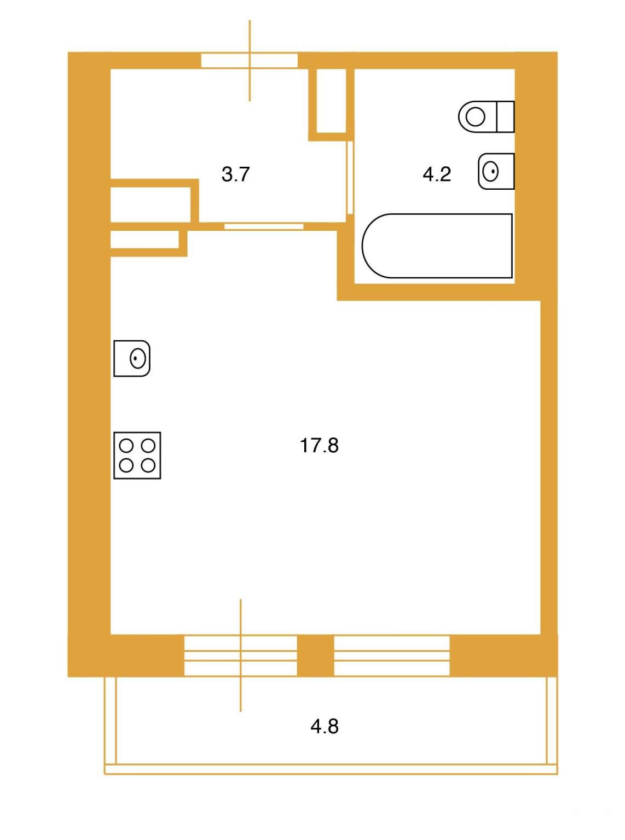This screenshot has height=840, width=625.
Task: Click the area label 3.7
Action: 235,174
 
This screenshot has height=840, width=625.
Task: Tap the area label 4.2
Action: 437,174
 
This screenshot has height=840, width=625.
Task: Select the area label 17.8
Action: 319,445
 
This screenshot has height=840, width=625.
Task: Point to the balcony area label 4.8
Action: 325,726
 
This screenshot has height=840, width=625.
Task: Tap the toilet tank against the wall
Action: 505,116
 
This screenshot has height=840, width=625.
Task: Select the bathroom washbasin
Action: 496,171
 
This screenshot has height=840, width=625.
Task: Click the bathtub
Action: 437,246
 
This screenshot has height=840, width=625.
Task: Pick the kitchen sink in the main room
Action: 132,358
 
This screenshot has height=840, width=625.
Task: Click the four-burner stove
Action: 137,456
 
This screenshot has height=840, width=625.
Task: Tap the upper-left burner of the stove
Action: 126,446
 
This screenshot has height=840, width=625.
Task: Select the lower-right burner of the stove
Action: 148,466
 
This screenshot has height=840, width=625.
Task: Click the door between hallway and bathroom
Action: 350,177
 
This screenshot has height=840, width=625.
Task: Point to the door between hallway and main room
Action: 264,226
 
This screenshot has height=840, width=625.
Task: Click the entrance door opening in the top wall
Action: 249,61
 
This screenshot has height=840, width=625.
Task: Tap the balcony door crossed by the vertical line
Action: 240,656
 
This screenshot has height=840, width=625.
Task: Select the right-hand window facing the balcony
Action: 391,656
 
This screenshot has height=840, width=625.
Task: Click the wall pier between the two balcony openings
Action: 315,656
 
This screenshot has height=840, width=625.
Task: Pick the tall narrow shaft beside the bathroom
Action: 331,101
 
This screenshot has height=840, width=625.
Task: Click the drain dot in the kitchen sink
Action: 135,358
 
